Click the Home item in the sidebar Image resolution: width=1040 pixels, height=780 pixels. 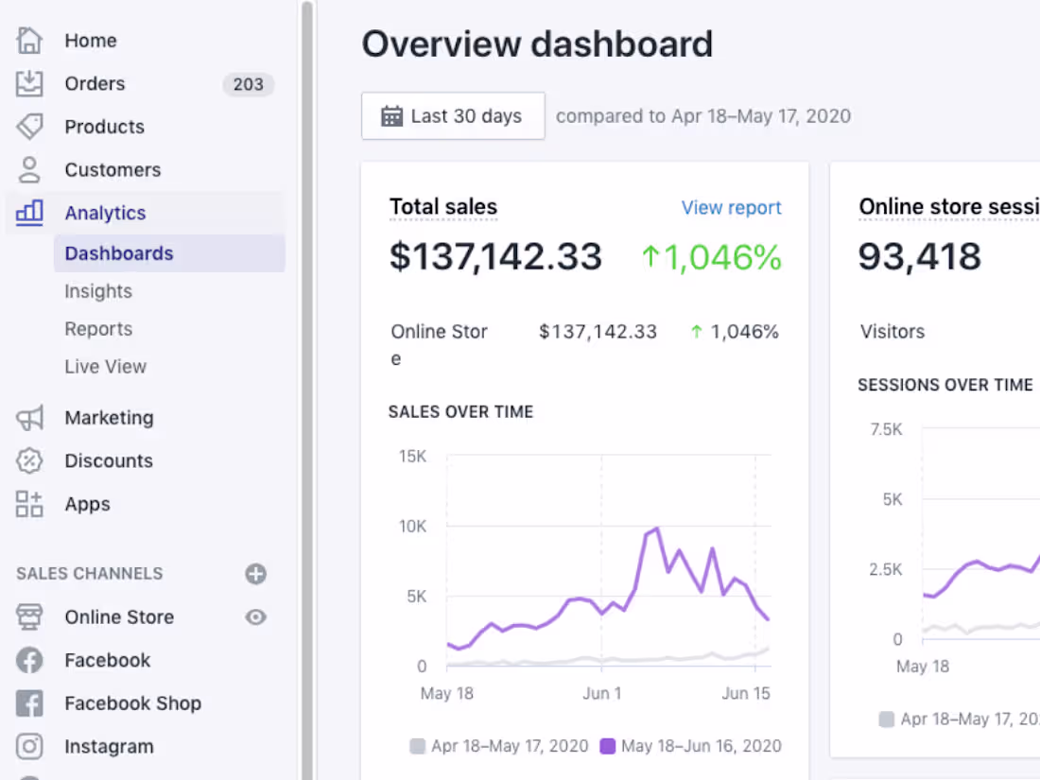pos(90,41)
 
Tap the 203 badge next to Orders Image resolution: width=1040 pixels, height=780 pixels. pos(248,84)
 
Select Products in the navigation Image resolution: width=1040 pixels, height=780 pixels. pos(104,127)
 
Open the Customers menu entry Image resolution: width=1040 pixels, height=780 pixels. pos(113,170)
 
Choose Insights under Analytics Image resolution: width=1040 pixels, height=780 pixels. pos(98,291)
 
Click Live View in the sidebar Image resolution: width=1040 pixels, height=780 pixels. pos(105,367)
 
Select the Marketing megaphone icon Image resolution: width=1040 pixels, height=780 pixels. pos(30,418)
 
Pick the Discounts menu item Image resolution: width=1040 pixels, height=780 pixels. pos(108,461)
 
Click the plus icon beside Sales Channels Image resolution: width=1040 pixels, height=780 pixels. pos(255,574)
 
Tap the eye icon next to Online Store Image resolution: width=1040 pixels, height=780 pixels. pos(255,617)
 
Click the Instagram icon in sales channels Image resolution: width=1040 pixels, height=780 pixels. pos(30,747)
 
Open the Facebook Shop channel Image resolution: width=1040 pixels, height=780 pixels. pos(132,703)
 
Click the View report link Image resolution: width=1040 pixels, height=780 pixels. pos(731,208)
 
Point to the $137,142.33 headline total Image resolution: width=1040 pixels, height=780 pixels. pos(495,257)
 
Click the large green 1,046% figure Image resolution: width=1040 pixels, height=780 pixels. pos(711,257)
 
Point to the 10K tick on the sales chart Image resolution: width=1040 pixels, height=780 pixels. pos(412,527)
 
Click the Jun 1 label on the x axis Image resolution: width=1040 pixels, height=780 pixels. pos(602,693)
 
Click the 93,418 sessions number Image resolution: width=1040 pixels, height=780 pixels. pos(920,257)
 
